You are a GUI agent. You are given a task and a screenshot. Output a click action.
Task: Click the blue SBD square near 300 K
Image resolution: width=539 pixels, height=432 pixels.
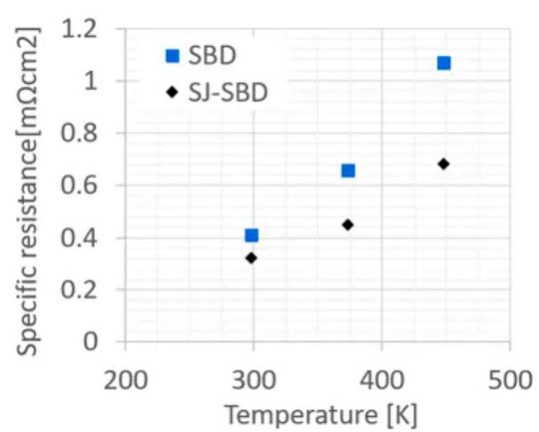click(x=252, y=235)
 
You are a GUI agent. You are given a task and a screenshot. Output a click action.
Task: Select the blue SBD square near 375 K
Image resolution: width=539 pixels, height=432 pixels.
click(x=348, y=171)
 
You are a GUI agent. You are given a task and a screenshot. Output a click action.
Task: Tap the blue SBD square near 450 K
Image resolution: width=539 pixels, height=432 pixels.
click(x=444, y=63)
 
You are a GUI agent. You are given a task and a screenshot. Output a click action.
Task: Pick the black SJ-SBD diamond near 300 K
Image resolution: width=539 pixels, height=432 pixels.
click(x=252, y=257)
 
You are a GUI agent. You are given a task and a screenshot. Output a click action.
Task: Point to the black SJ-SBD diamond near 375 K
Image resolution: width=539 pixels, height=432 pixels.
click(x=347, y=224)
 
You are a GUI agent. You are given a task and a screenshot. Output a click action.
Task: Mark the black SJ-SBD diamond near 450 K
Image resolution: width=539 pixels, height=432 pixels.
click(x=444, y=164)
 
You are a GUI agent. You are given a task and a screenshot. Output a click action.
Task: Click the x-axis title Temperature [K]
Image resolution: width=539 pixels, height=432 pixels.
click(x=319, y=411)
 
